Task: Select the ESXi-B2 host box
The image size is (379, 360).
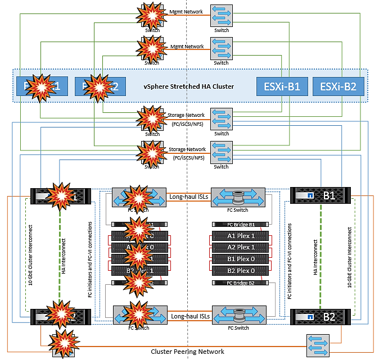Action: pyautogui.click(x=338, y=86)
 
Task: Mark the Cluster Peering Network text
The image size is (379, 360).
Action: pyautogui.click(x=188, y=352)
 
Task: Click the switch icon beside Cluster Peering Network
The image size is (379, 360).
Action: pyautogui.click(x=317, y=343)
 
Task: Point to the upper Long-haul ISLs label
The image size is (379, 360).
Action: pyautogui.click(x=188, y=197)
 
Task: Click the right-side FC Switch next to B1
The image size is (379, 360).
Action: pyautogui.click(x=238, y=198)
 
